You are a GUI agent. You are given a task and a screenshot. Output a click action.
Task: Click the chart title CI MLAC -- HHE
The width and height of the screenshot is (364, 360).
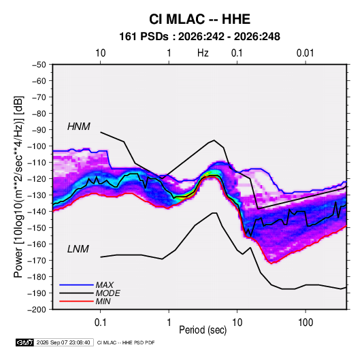[x=199, y=19]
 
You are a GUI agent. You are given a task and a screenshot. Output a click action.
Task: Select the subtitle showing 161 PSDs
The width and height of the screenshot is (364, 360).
[x=199, y=37]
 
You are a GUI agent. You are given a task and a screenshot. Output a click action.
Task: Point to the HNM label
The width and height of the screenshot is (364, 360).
[x=79, y=127]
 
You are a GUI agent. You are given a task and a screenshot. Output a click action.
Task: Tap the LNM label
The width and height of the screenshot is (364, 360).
[x=78, y=249]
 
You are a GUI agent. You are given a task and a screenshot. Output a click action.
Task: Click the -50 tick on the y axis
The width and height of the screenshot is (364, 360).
[x=39, y=65]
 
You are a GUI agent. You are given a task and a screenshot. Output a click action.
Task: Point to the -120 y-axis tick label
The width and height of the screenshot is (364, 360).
[x=37, y=179]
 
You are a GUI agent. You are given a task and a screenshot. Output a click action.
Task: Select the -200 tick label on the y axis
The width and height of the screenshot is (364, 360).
[x=37, y=310]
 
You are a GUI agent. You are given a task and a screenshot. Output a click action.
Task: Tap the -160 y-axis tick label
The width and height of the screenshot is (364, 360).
[x=37, y=244]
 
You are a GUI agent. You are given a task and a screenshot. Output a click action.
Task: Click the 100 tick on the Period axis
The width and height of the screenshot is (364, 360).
[x=305, y=323]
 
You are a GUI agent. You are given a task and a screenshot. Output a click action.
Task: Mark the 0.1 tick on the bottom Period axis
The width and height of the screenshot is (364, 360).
[x=100, y=323]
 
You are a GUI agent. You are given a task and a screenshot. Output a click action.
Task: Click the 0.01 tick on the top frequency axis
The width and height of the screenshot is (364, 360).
[x=305, y=53]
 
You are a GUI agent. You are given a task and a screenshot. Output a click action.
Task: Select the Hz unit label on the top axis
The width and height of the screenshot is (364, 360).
[x=203, y=53]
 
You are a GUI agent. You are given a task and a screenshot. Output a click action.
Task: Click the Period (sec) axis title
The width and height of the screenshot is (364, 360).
[x=203, y=330]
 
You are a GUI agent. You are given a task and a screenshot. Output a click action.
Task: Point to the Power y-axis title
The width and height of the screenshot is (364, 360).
[x=18, y=186]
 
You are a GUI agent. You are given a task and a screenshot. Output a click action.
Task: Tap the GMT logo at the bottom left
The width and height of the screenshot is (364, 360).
[x=25, y=342]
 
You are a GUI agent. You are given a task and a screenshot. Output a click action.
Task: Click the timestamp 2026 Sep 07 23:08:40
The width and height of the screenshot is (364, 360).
[x=63, y=342]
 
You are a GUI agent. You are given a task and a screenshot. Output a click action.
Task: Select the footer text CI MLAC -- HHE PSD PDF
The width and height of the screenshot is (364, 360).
[x=126, y=342]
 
